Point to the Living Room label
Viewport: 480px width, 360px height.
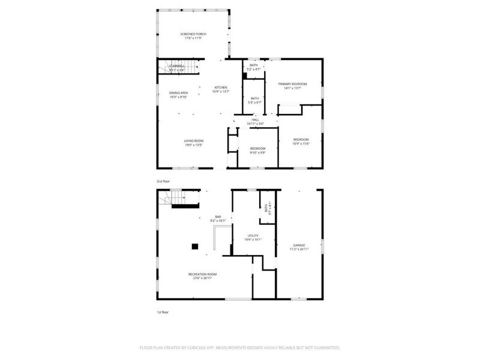194,143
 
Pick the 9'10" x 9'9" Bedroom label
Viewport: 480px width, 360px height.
257,150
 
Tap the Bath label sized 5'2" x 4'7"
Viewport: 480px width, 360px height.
254,67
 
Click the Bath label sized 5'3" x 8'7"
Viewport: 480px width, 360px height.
255,100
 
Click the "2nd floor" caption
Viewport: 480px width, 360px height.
163,180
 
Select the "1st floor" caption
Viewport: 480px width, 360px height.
162,313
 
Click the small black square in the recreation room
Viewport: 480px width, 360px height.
194,245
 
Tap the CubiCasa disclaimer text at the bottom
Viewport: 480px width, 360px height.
240,347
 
